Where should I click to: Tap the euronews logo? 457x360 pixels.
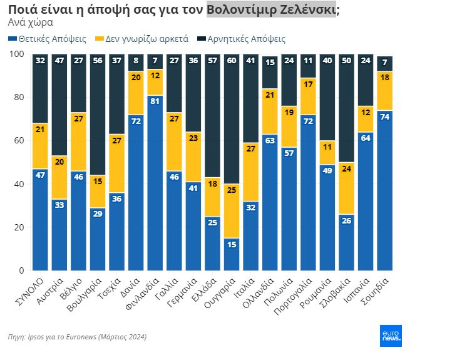coord(391,336)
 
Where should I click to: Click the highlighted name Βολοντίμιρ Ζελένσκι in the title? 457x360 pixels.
coord(271,9)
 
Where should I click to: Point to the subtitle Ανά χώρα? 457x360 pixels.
coord(30,23)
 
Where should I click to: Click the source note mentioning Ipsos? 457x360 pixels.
coord(77,337)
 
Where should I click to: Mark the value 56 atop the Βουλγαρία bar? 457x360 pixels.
coord(97,61)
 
